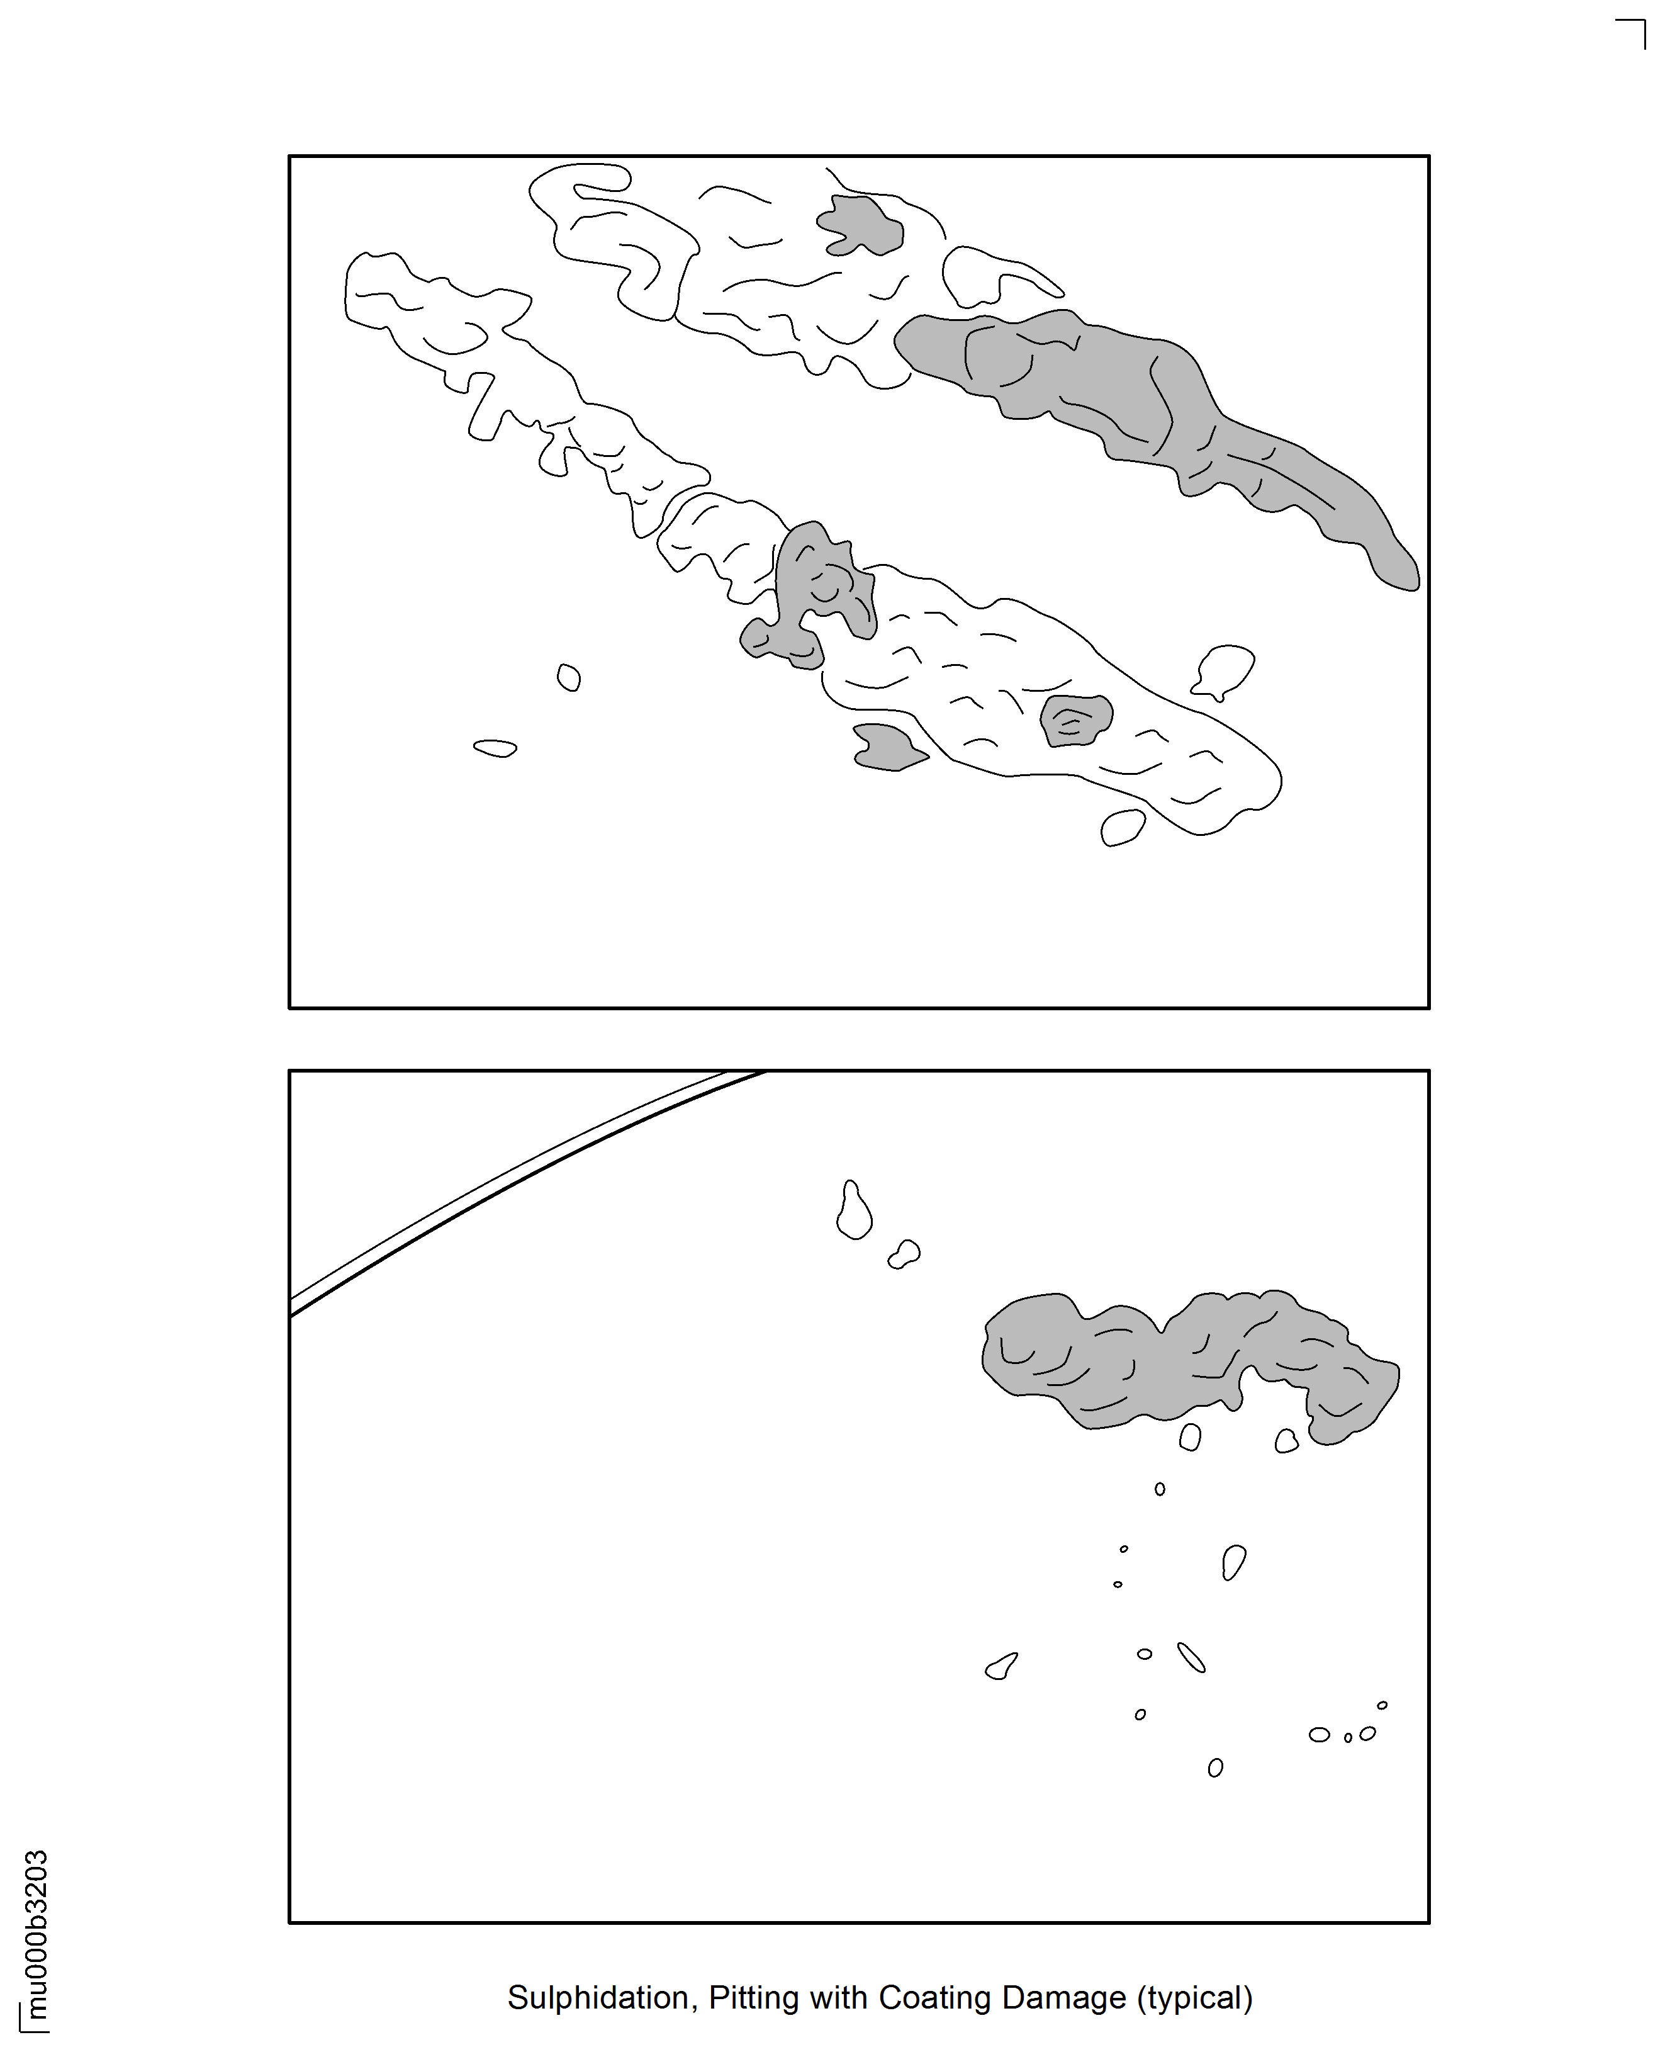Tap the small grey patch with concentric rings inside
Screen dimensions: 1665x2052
click(x=1076, y=719)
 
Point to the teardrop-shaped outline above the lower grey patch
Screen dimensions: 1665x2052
click(x=854, y=1210)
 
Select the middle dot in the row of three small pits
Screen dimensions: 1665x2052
click(x=1347, y=1737)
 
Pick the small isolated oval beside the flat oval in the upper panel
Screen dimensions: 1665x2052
click(x=569, y=677)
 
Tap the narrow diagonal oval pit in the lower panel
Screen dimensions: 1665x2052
click(x=1191, y=1658)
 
